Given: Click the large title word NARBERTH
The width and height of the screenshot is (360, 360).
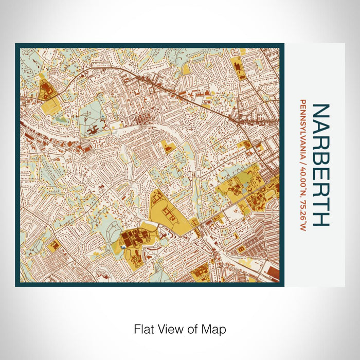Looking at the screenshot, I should tap(321, 165).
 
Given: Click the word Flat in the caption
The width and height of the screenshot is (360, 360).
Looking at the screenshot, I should tap(143, 328).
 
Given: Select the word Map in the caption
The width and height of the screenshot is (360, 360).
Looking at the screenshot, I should tap(215, 328).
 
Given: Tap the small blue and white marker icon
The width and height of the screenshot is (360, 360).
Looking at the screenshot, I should tap(124, 247).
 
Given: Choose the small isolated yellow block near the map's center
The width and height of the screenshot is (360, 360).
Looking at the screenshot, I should tap(168, 147).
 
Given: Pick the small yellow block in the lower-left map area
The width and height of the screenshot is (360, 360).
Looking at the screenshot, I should tap(53, 246).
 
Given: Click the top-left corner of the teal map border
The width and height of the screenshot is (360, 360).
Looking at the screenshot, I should tap(16, 45).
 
